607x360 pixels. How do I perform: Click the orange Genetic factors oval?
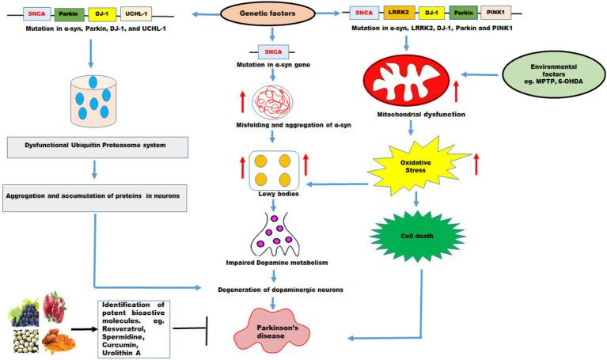click(271, 14)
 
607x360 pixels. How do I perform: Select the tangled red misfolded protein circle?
click(271, 102)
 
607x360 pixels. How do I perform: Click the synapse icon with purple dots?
click(271, 231)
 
